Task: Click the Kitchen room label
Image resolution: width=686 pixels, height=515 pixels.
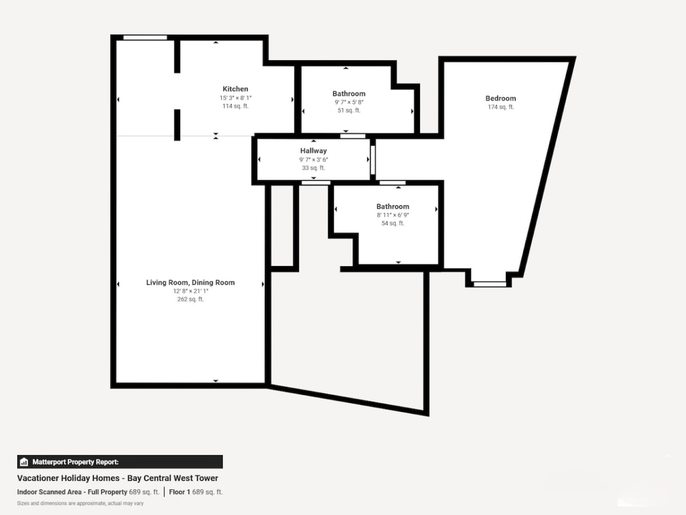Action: [236, 89]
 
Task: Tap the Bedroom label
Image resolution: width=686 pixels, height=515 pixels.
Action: [501, 98]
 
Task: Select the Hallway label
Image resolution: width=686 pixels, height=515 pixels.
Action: [313, 150]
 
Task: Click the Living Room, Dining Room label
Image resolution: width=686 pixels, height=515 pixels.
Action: [190, 283]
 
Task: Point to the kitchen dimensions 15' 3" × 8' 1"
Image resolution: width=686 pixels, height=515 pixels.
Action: [236, 98]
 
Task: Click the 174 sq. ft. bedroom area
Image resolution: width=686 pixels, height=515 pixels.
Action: [501, 107]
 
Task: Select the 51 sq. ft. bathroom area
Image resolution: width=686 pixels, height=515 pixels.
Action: [349, 110]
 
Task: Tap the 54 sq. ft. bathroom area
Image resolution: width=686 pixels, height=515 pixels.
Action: [393, 223]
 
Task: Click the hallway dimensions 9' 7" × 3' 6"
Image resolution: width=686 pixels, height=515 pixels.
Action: [313, 160]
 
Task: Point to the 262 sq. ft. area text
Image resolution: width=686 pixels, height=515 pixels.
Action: [190, 299]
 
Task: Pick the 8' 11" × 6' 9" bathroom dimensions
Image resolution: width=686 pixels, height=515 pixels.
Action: [393, 215]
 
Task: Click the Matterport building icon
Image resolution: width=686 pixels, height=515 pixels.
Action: [24, 462]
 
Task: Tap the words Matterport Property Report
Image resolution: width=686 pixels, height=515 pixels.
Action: [75, 462]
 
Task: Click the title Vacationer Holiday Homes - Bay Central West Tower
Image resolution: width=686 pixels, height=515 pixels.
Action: [118, 478]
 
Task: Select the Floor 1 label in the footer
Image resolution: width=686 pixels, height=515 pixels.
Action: [180, 492]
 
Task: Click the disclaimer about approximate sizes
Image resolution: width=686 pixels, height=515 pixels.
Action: [81, 504]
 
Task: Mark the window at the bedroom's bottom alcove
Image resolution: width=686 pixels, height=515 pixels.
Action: [490, 284]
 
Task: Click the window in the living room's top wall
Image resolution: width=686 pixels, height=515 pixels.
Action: [145, 38]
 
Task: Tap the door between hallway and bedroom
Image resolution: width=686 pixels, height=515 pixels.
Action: [373, 160]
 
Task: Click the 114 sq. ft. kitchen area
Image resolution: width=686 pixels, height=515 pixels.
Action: [236, 106]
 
